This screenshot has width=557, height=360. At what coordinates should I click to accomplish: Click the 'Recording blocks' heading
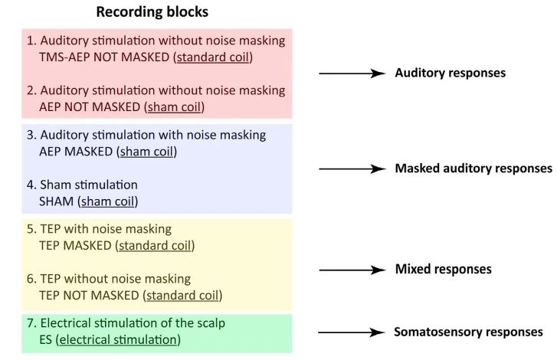tap(152, 12)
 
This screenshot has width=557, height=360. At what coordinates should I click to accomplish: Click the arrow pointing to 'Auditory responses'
tap(350, 74)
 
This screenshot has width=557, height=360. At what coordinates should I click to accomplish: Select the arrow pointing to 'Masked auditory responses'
tap(350, 169)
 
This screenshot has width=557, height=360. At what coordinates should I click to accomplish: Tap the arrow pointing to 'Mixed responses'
tap(350, 270)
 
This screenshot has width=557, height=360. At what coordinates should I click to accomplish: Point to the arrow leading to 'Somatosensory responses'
tap(350, 332)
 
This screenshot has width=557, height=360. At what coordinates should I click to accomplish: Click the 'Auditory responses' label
tap(439, 74)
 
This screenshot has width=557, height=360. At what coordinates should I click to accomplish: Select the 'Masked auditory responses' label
tap(473, 169)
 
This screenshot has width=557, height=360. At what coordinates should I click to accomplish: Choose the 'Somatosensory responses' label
tap(468, 332)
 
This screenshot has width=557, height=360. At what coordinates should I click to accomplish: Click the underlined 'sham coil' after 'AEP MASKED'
tap(146, 152)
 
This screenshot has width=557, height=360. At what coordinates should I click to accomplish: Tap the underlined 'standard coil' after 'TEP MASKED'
tap(154, 246)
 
